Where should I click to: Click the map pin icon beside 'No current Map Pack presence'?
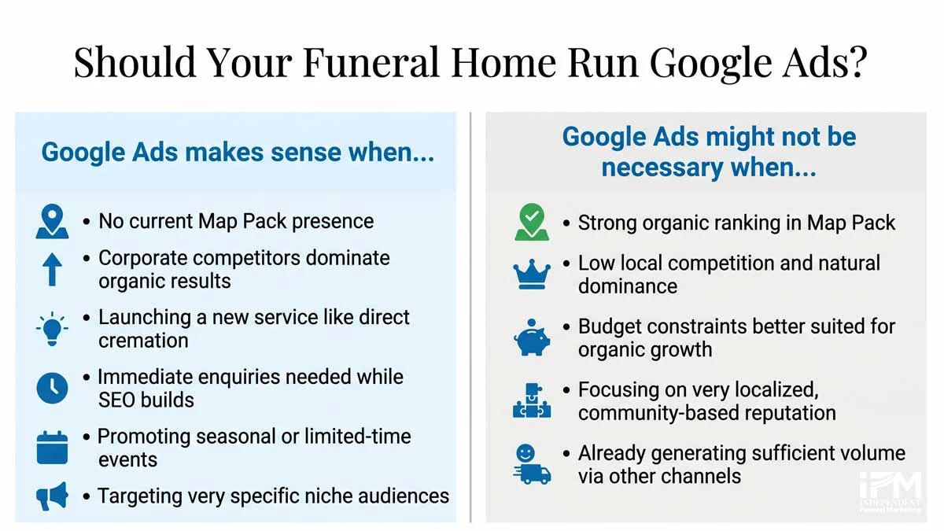pyautogui.click(x=53, y=222)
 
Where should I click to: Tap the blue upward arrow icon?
pyautogui.click(x=53, y=269)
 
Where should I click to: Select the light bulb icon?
pyautogui.click(x=53, y=329)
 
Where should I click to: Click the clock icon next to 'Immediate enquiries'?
pyautogui.click(x=53, y=388)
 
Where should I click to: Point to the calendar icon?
pyautogui.click(x=53, y=448)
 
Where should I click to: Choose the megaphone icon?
pyautogui.click(x=53, y=496)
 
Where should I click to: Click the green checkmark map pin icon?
pyautogui.click(x=532, y=223)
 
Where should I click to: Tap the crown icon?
pyautogui.click(x=532, y=275)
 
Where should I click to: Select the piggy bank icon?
pyautogui.click(x=532, y=337)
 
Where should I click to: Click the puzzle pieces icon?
pyautogui.click(x=532, y=400)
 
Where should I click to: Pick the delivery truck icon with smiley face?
pyautogui.click(x=532, y=463)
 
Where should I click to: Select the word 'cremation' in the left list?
pyautogui.click(x=143, y=341)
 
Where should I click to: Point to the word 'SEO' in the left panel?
pyautogui.click(x=116, y=400)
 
